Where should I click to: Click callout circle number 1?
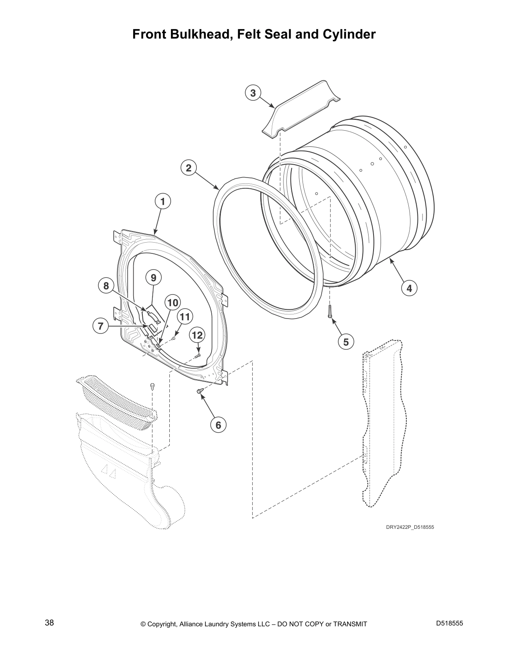(163, 202)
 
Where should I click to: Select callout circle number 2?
(188, 168)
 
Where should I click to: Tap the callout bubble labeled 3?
(253, 93)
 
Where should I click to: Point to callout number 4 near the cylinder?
(409, 288)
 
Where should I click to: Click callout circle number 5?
(346, 341)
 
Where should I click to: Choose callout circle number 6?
(218, 425)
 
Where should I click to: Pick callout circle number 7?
(100, 326)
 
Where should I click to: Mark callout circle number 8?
(106, 286)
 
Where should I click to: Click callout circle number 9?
(153, 277)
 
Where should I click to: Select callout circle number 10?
(173, 302)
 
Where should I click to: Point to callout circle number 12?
(197, 335)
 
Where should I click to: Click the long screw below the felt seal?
(330, 311)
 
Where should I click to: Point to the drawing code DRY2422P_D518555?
(410, 528)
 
